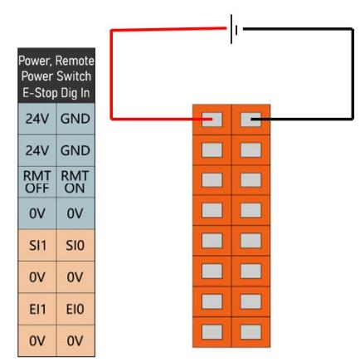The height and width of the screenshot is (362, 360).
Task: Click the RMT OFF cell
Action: click(37, 182)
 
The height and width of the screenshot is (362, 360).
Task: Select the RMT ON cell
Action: click(75, 182)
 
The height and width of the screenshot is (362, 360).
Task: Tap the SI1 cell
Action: click(37, 245)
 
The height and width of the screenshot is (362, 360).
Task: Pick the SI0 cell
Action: click(75, 245)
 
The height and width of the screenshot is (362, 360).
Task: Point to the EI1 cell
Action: click(37, 309)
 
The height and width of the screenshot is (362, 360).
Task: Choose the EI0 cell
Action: click(75, 309)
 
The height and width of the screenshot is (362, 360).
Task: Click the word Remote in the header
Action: click(75, 61)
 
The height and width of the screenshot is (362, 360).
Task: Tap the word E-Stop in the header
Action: click(41, 93)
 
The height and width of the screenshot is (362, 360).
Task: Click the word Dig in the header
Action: click(70, 93)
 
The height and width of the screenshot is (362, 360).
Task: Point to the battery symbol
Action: click(234, 29)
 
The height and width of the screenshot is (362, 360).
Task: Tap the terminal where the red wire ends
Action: click(212, 120)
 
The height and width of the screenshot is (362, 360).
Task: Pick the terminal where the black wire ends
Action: click(251, 120)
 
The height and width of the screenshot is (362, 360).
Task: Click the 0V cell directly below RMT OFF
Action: click(37, 213)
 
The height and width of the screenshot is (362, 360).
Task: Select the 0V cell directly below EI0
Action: click(75, 340)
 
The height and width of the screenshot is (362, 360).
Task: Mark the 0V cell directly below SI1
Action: click(37, 277)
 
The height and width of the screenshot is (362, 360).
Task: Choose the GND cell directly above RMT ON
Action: click(75, 150)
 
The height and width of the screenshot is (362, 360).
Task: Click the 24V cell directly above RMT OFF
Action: click(37, 150)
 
